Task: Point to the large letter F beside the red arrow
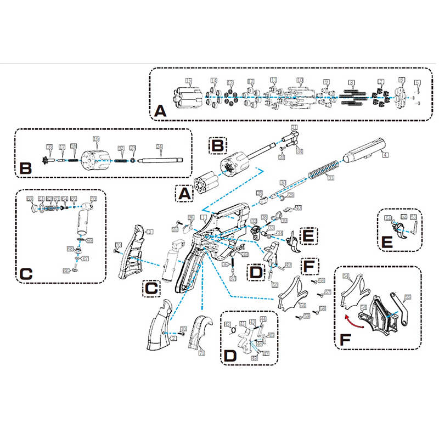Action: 345,340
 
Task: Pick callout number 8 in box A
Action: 352,83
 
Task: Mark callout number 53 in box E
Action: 414,218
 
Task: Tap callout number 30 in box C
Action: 31,198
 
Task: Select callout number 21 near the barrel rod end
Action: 294,127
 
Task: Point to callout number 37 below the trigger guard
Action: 233,278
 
